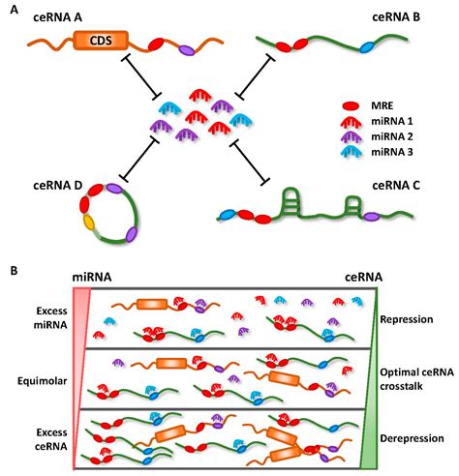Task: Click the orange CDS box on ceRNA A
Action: coord(100,42)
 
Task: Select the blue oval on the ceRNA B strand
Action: coord(366,46)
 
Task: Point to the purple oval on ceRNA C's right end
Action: coord(372,216)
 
